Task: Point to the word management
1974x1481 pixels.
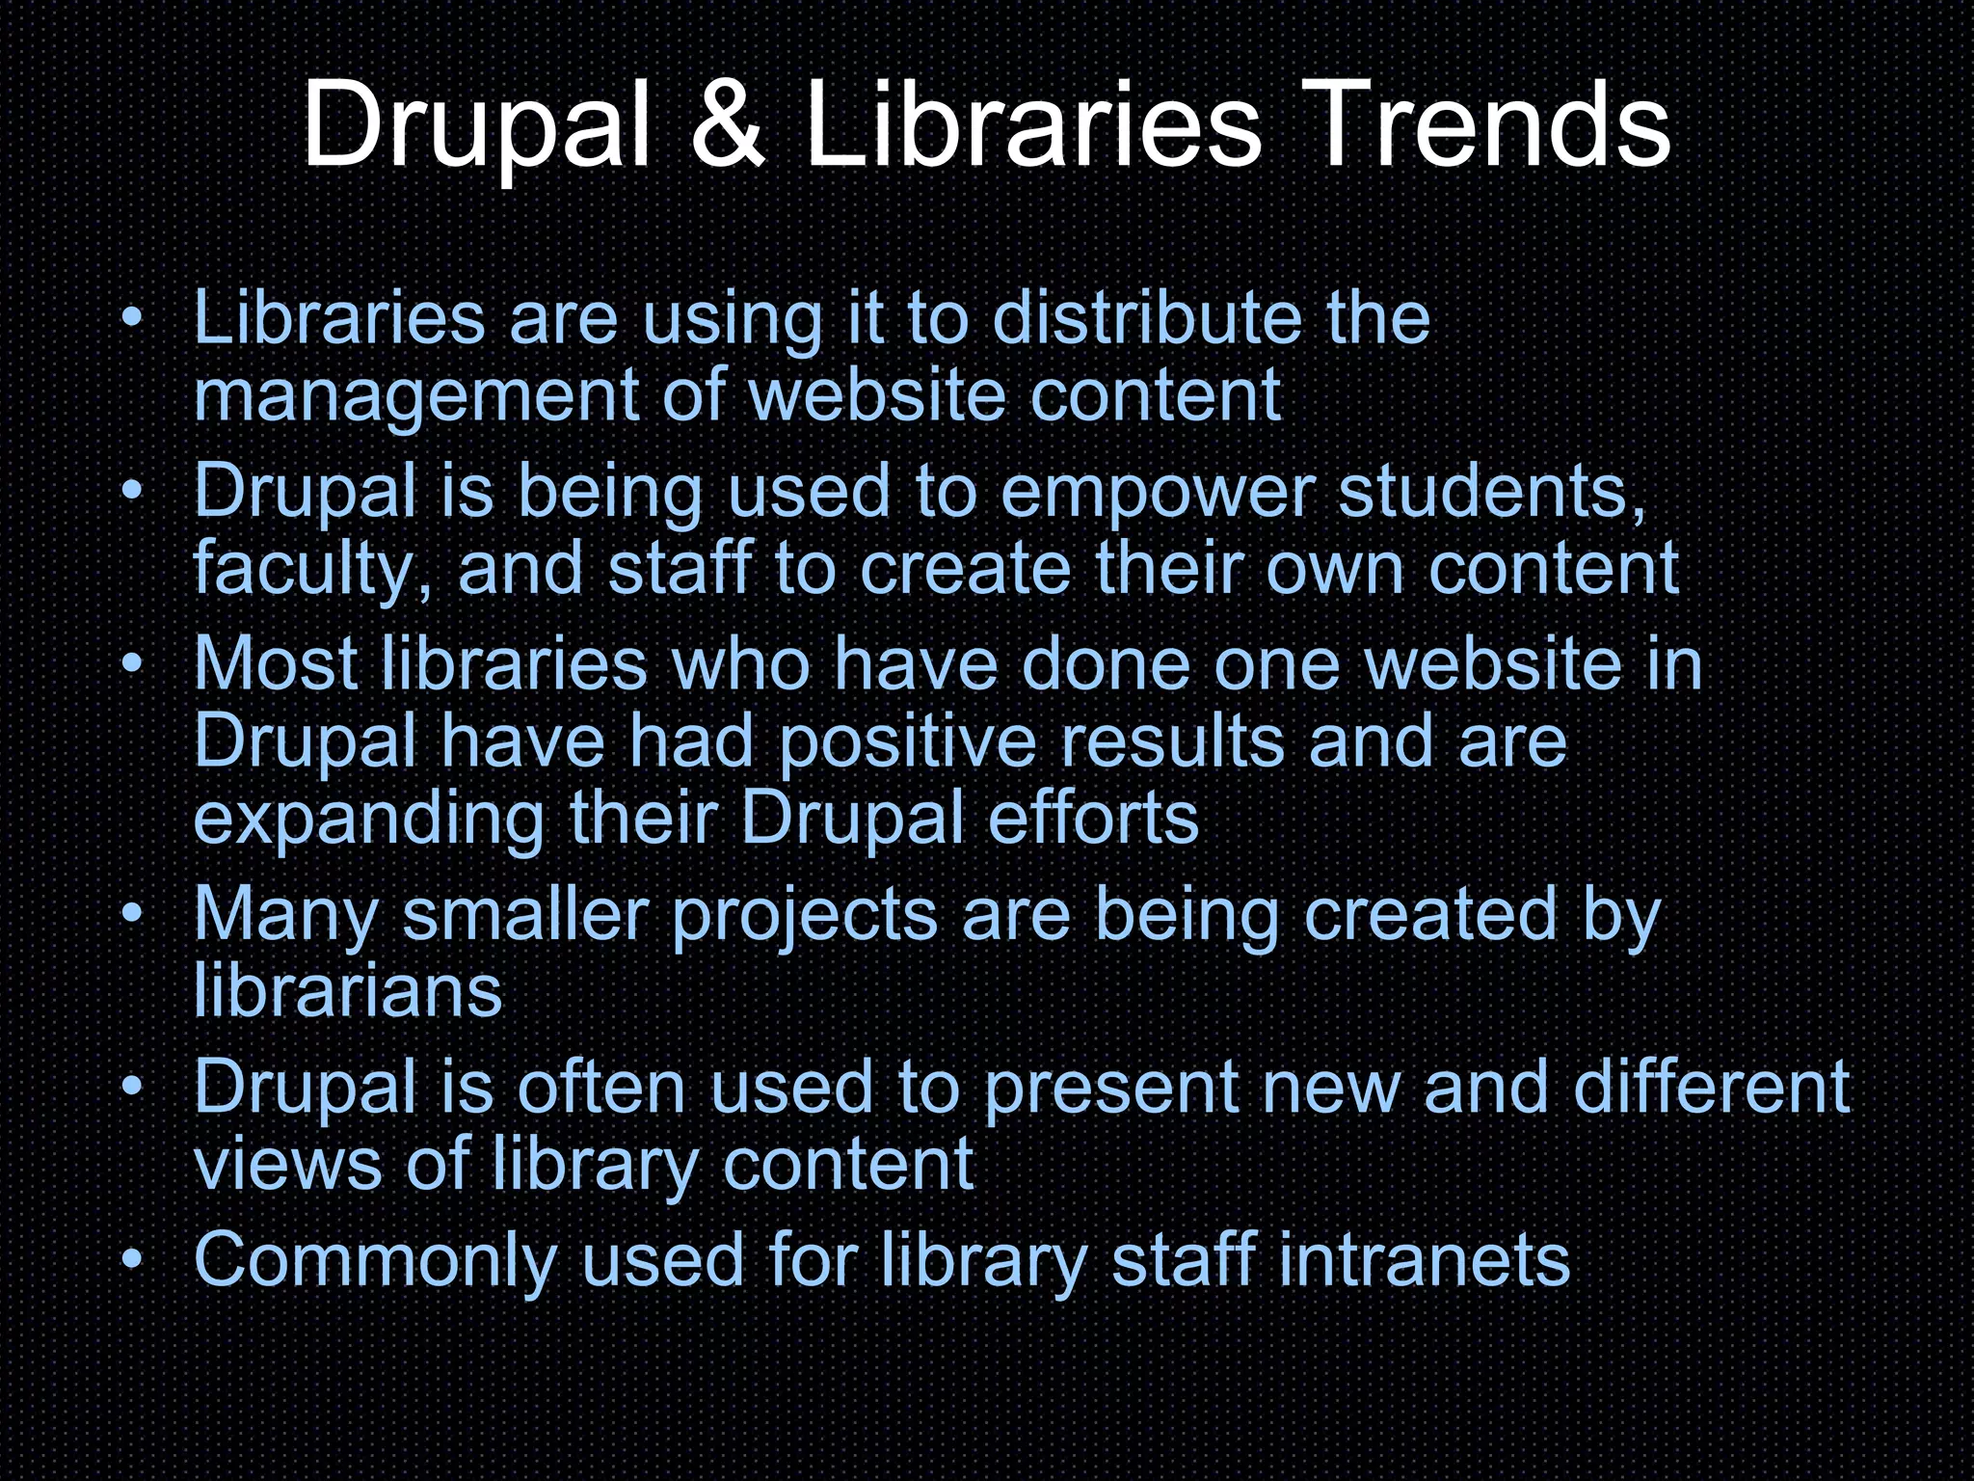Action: point(415,397)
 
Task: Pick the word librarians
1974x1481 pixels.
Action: point(348,991)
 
